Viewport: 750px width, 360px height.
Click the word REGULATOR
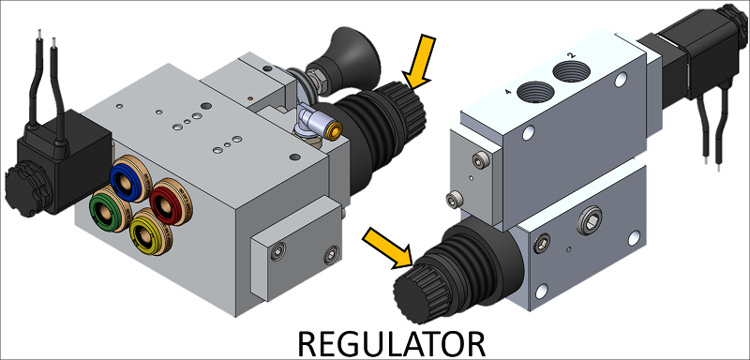click(x=391, y=343)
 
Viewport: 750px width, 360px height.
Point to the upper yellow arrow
click(x=419, y=63)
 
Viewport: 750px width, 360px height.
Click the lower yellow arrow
click(x=387, y=247)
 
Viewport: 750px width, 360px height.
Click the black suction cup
click(x=342, y=61)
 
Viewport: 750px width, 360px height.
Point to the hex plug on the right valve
click(x=590, y=221)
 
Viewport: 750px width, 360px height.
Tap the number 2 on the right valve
click(x=571, y=56)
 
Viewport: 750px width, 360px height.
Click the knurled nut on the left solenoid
click(x=22, y=188)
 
